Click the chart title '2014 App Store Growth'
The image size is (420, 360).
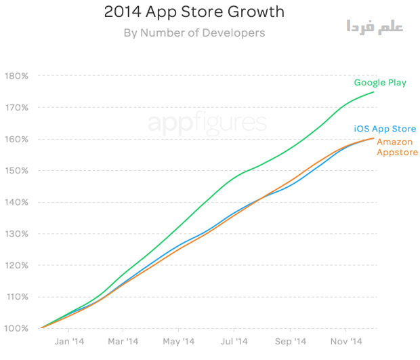193,12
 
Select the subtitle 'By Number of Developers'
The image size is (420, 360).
194,32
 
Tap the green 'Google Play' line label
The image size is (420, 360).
380,83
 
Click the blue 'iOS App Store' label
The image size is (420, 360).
385,129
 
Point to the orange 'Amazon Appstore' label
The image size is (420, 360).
397,147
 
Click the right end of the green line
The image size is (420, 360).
374,92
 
